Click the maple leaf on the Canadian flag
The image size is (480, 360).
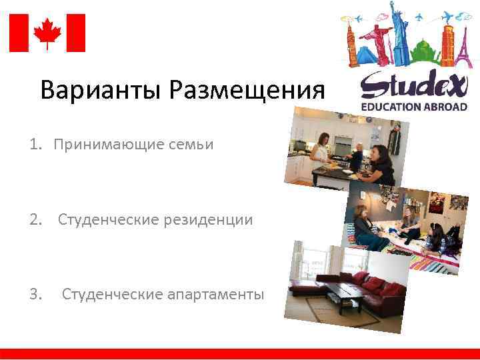[x=47, y=32]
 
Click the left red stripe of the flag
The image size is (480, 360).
[x=18, y=33]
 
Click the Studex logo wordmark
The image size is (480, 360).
[x=413, y=85]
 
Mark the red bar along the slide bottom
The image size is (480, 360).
[x=240, y=353]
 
